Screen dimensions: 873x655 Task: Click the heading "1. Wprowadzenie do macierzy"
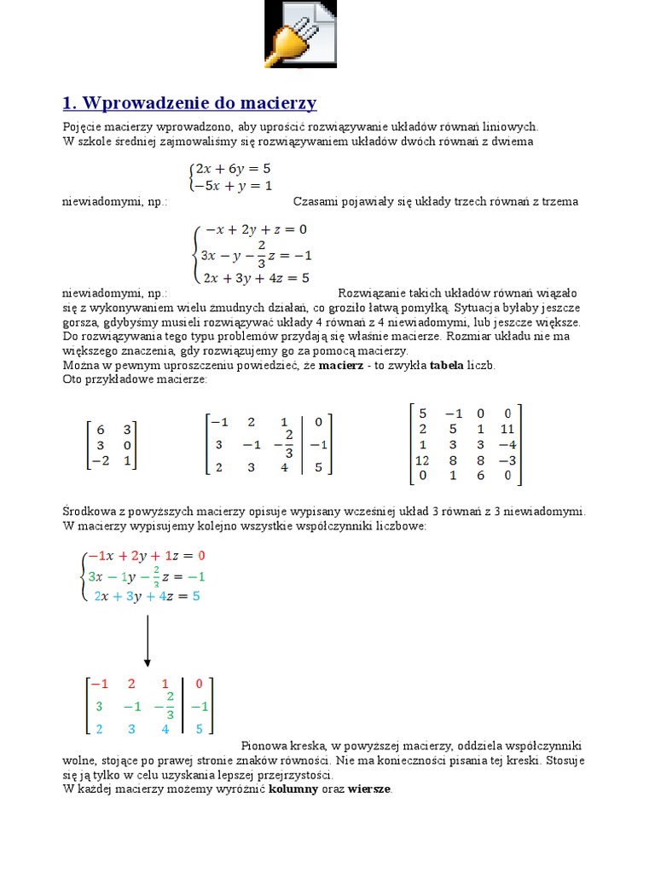(189, 103)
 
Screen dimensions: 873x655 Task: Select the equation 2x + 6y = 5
(233, 169)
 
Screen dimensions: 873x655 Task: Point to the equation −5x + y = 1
(233, 185)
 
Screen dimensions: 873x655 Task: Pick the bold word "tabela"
(446, 365)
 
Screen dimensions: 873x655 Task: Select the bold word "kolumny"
(296, 789)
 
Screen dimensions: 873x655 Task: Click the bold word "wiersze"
(368, 789)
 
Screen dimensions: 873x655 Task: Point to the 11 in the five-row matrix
(507, 429)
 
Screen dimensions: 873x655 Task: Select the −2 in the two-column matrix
(100, 461)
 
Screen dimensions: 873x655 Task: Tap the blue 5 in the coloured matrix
(199, 729)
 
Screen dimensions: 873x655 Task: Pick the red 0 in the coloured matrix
(199, 684)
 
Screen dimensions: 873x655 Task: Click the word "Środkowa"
(87, 512)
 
